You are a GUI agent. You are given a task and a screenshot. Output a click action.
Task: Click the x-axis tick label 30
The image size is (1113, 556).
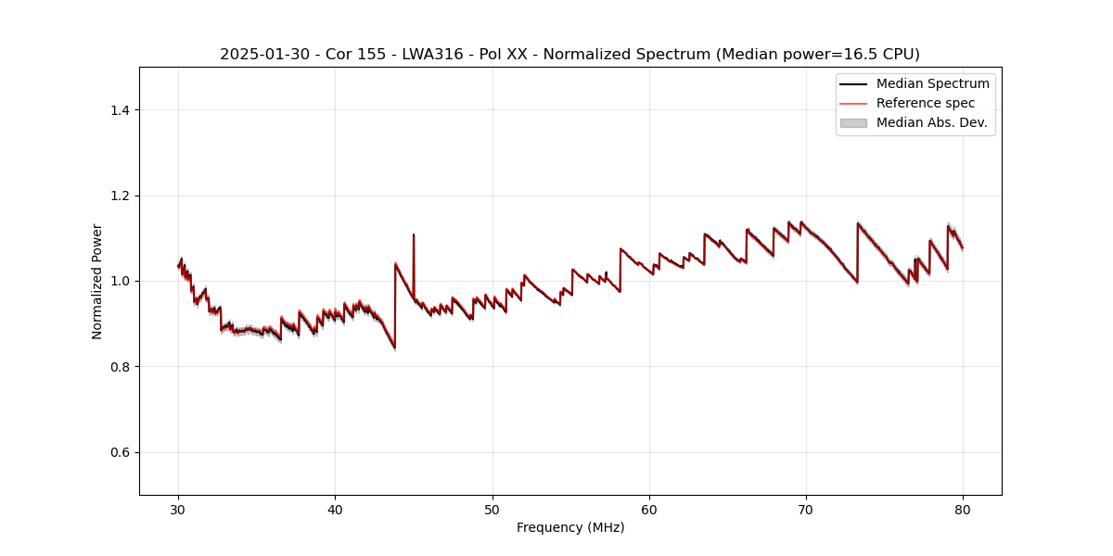(x=178, y=510)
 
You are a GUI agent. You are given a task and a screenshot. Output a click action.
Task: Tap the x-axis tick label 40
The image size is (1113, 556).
(x=335, y=510)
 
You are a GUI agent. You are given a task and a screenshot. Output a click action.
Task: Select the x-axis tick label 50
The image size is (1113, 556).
(x=493, y=510)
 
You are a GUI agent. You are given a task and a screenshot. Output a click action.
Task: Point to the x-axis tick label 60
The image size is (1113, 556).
(x=649, y=510)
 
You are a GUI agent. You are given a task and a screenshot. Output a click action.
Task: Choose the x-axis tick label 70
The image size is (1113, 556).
(x=806, y=510)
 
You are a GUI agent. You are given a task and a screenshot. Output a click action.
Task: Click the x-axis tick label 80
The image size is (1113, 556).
(x=963, y=510)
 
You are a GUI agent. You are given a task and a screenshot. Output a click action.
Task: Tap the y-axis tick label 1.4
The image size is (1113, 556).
(x=119, y=110)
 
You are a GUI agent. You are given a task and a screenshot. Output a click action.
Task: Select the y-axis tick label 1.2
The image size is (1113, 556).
(x=119, y=196)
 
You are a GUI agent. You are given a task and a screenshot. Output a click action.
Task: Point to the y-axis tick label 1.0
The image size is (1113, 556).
(x=119, y=281)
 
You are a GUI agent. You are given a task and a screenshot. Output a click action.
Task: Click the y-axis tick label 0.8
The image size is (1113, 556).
(x=119, y=367)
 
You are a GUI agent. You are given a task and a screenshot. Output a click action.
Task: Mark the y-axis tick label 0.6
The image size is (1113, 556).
(x=119, y=452)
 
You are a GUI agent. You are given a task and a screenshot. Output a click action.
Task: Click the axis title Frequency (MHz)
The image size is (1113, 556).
(x=570, y=527)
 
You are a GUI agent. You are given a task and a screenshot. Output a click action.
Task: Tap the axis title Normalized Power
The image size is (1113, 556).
(x=97, y=281)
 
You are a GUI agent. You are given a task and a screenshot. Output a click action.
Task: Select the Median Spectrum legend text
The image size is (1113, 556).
(x=932, y=83)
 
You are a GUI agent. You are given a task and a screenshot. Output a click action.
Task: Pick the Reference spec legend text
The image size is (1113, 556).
(x=926, y=103)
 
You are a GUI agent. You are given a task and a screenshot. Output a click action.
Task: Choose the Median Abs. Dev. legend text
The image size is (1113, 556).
(x=931, y=122)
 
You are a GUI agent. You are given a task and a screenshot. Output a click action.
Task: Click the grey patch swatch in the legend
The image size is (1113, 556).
(x=853, y=122)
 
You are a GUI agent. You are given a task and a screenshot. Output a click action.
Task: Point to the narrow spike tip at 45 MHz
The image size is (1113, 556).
(x=414, y=235)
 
